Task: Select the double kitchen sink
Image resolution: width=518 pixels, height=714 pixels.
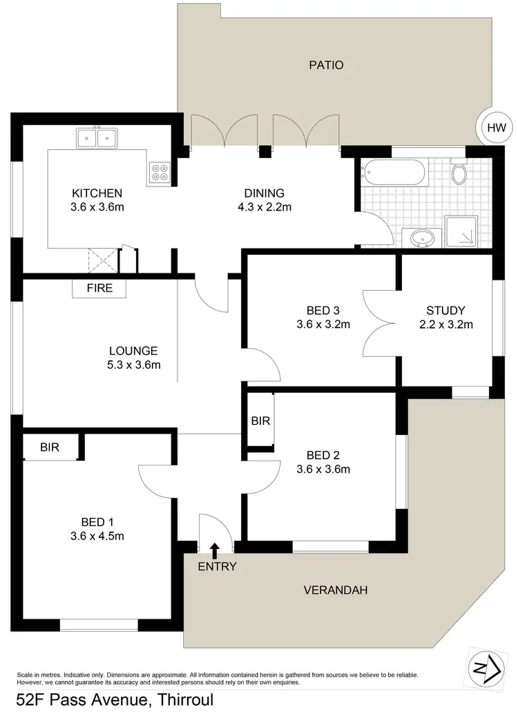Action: pos(97,138)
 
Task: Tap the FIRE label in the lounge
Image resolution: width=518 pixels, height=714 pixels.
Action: pos(99,288)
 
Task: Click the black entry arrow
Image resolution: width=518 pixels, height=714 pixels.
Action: pos(215,550)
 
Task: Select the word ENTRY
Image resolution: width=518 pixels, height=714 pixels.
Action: pos(217,567)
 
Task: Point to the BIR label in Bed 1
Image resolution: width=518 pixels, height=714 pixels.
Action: pos(49,447)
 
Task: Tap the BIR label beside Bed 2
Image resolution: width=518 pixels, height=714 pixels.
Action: pos(260,421)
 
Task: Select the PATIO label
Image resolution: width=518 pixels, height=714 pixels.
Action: pos(325,66)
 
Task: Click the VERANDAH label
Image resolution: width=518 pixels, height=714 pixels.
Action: pos(335,590)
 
